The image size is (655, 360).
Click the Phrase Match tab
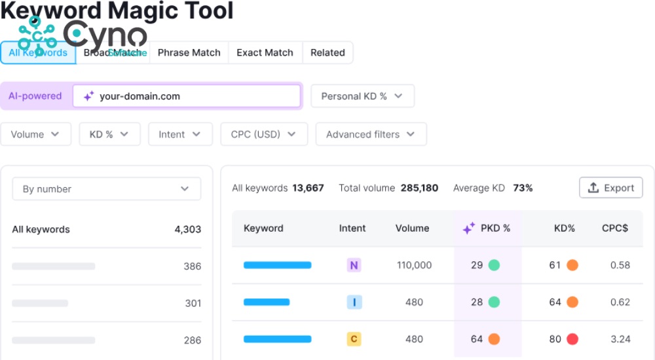point(189,53)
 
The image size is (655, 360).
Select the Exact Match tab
point(265,53)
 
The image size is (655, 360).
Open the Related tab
point(327,53)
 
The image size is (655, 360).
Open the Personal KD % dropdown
point(362,96)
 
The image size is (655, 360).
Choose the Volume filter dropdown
point(35,134)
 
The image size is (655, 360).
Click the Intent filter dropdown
point(180,134)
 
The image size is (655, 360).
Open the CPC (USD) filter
point(264,134)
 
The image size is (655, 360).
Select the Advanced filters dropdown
point(371,134)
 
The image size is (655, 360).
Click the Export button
point(611,188)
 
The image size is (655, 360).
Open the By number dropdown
point(107,189)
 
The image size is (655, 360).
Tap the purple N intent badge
point(354,265)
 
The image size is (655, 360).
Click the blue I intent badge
point(354,302)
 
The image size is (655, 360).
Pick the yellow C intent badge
point(354,339)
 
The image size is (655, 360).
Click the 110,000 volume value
point(414,265)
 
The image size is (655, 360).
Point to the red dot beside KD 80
point(572,339)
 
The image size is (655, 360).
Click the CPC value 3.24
point(620,339)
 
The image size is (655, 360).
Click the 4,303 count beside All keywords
point(187,230)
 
